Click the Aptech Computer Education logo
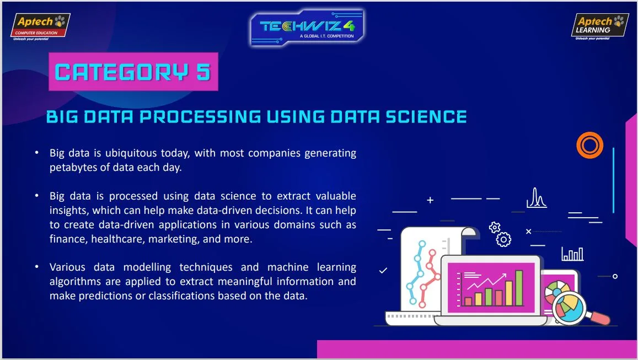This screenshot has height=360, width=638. coord(40,27)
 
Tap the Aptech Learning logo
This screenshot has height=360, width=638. coord(600,27)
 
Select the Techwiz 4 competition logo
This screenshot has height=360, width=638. coord(307,27)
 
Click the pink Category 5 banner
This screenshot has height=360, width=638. coord(133,72)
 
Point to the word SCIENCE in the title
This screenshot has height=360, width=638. coord(426,117)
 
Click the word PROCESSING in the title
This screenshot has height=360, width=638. coord(200,117)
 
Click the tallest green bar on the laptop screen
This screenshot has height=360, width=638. coord(519,288)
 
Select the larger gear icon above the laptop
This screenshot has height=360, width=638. coord(503,240)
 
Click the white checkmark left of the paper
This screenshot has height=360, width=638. coord(383,270)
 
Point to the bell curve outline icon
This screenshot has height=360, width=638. coord(537,198)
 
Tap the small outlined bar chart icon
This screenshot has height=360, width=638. coord(572,254)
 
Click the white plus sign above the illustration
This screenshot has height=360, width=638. coord(430,200)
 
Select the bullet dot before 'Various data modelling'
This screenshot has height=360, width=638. coord(36,267)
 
